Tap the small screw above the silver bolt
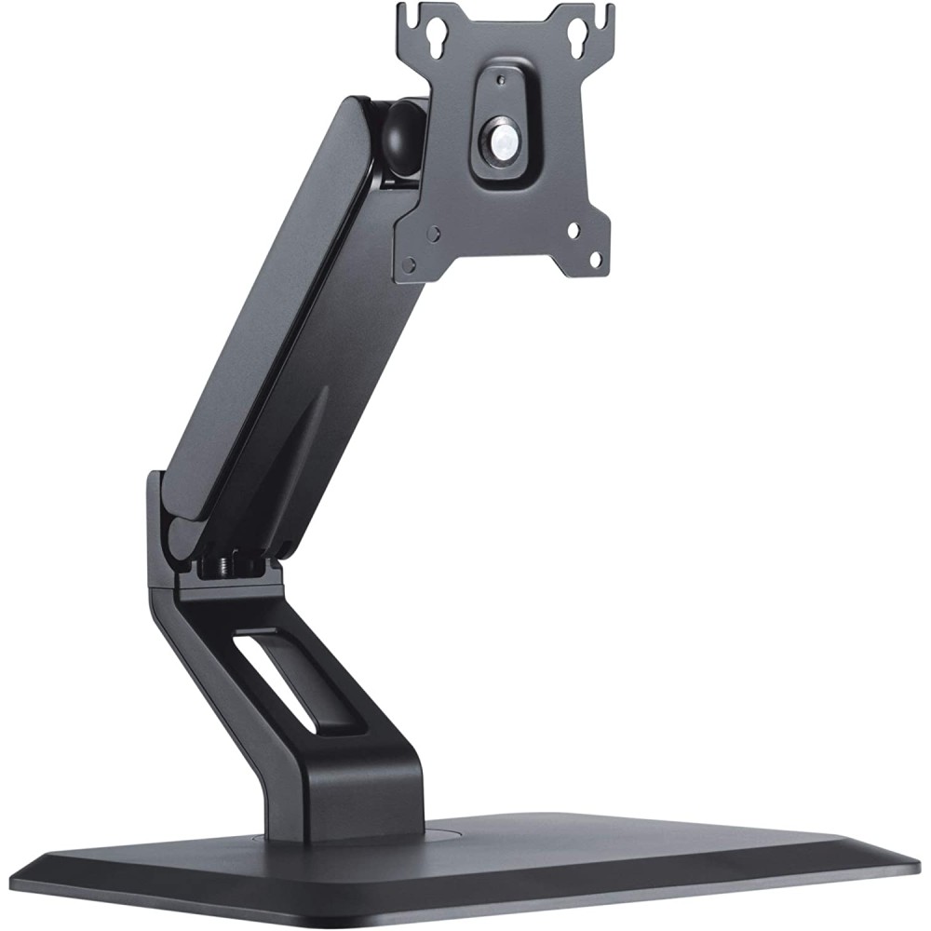501,81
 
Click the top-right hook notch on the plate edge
609,15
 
